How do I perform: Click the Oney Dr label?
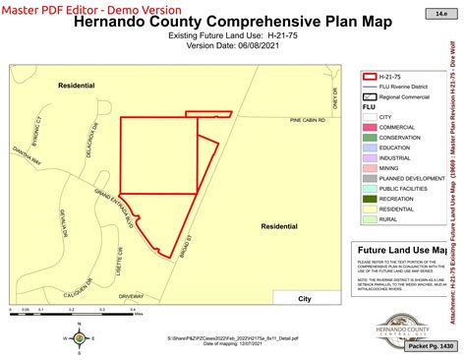334,98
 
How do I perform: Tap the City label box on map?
305,299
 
